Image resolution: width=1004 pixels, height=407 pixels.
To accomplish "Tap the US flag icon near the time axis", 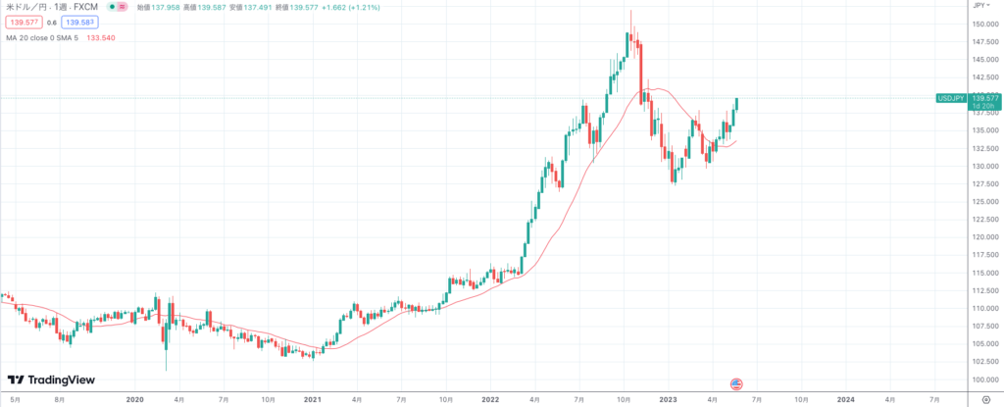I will coord(737,383).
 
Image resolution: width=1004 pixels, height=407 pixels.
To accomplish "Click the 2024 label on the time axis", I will coord(845,400).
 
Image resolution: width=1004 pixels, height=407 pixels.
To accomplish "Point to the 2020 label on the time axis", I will coord(135,400).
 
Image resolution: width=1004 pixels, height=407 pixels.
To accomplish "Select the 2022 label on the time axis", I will coord(490,400).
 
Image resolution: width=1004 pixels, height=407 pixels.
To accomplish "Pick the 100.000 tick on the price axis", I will coord(984,379).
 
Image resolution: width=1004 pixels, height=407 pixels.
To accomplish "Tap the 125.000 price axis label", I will coord(984,201).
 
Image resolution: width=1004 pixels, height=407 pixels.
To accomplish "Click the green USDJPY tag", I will coord(951,98).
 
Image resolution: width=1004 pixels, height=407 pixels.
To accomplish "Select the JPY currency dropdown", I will coord(980,5).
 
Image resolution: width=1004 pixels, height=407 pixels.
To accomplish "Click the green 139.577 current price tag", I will coord(984,98).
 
